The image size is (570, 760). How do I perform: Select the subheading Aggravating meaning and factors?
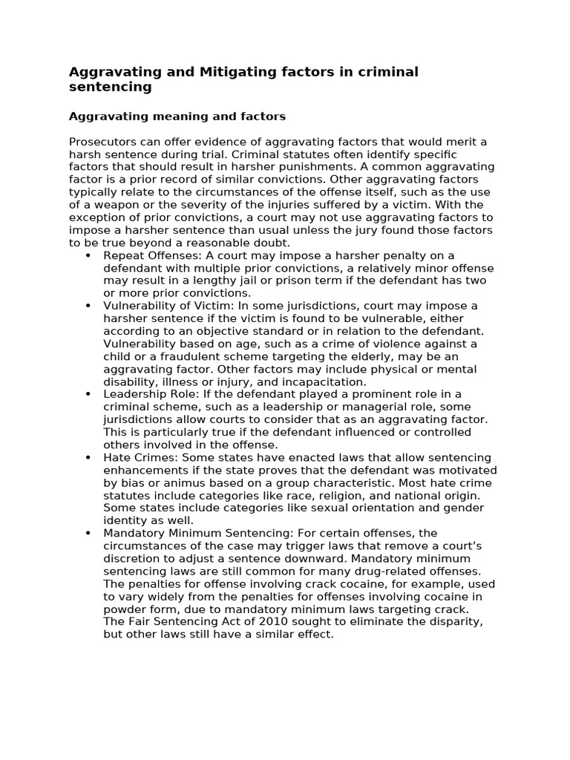(177, 117)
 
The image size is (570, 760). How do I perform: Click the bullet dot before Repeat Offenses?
(88, 255)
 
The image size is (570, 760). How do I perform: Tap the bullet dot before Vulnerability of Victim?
(88, 306)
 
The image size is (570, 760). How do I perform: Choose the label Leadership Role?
(145, 394)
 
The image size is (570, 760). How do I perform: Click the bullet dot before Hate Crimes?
(88, 457)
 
